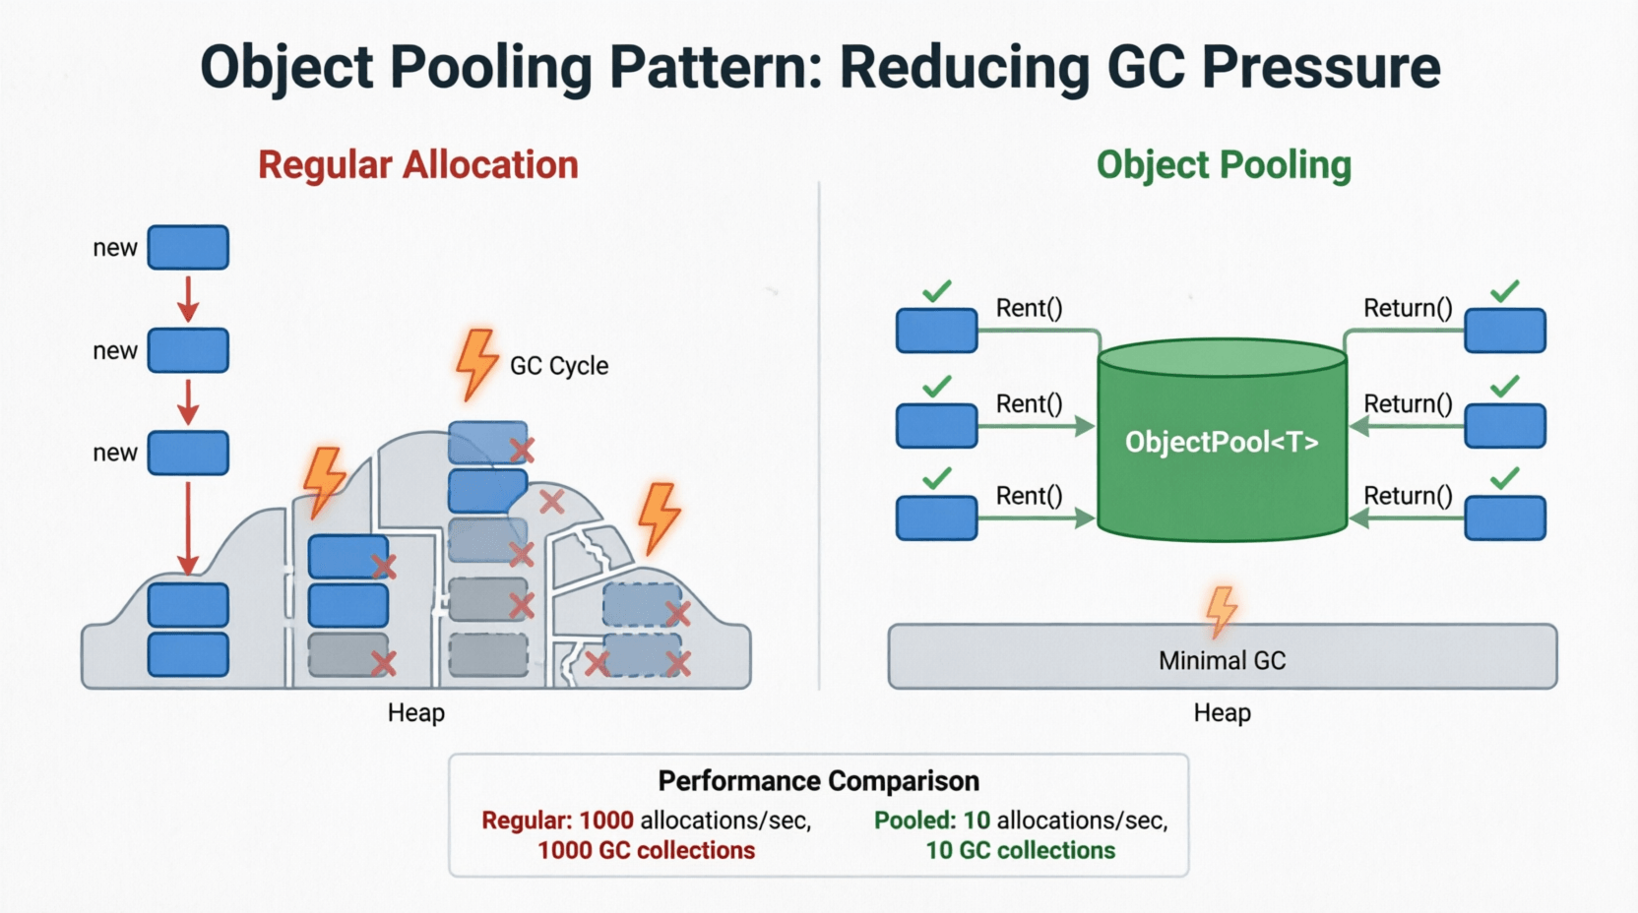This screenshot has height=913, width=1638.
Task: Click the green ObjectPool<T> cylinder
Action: point(1222,442)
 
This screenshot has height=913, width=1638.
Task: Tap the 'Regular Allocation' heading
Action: point(418,165)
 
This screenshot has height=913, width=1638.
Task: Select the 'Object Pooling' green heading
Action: point(1224,165)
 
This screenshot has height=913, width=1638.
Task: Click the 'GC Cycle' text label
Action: point(559,366)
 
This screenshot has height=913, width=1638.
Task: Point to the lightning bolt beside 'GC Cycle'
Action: point(477,363)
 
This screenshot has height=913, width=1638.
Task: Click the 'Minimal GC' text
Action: point(1222,660)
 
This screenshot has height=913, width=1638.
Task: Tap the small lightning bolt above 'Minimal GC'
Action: point(1222,611)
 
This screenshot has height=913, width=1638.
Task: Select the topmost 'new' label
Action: point(115,248)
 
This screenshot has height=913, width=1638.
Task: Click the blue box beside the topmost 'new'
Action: point(188,248)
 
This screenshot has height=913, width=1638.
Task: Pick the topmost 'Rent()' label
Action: point(1029,308)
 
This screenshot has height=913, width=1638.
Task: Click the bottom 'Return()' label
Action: point(1408,496)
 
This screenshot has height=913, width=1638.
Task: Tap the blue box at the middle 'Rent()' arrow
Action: point(936,426)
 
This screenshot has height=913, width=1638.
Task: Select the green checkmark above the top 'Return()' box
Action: point(1504,291)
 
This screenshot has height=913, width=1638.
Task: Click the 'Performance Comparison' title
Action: point(818,781)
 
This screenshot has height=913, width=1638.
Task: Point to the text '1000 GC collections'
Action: point(646,850)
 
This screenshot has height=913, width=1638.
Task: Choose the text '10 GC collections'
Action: point(1020,850)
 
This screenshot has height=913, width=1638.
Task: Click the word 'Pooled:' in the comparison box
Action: point(914,821)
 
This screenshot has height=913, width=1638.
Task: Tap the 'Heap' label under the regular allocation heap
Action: point(415,713)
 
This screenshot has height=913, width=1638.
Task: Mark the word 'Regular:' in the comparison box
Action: point(527,821)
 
